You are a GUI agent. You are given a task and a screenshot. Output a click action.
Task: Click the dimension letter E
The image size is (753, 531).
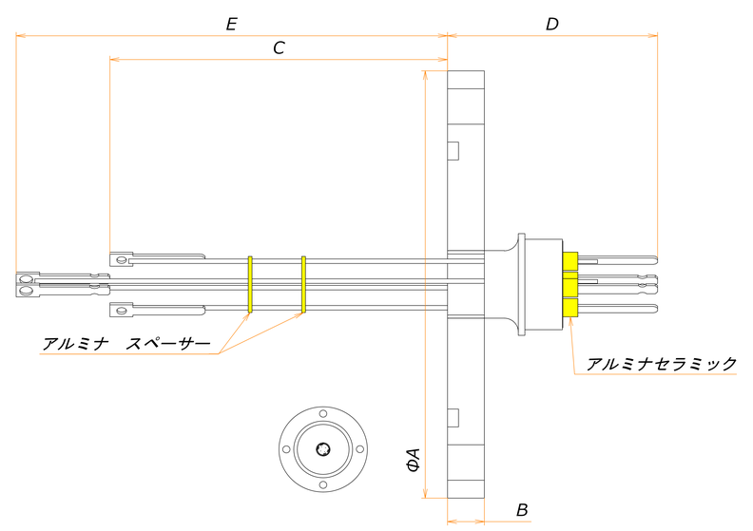click(231, 25)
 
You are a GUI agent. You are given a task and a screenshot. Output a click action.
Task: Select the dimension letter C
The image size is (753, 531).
click(279, 48)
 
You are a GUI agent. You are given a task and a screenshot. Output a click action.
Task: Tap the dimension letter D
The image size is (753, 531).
click(551, 25)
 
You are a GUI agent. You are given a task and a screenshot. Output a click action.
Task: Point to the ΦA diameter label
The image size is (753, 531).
click(414, 461)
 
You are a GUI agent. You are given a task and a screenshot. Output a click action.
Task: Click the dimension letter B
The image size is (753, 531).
click(522, 510)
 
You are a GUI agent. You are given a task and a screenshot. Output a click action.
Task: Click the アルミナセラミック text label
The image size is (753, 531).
click(661, 364)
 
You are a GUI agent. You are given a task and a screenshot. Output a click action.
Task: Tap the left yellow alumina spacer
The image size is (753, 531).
click(249, 284)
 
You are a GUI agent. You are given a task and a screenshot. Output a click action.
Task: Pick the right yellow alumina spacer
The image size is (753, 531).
click(303, 284)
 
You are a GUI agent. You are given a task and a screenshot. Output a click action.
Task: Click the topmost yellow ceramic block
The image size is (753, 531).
click(570, 262)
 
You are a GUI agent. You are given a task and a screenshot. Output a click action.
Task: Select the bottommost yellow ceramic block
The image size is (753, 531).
click(570, 308)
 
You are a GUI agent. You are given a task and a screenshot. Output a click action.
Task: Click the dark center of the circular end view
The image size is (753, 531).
click(323, 449)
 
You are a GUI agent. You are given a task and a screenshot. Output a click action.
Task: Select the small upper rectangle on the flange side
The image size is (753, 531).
click(454, 150)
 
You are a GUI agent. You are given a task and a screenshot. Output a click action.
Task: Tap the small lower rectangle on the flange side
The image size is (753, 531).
click(454, 416)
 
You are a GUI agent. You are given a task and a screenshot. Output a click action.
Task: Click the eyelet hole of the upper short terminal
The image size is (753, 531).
click(121, 257)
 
